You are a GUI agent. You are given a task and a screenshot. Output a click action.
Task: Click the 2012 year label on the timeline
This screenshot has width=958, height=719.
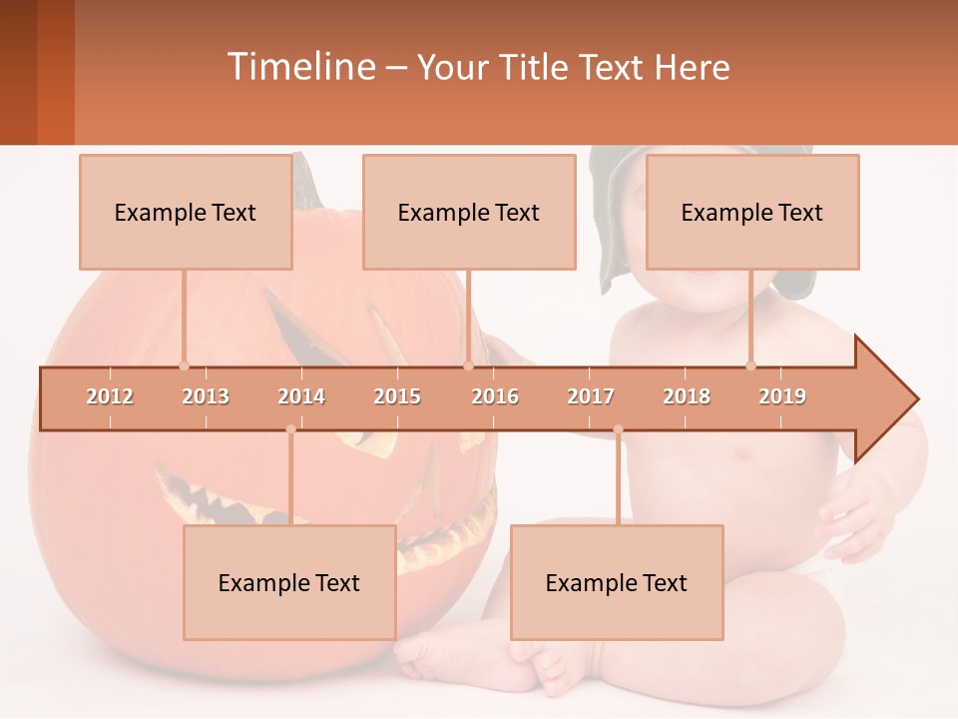pos(110,396)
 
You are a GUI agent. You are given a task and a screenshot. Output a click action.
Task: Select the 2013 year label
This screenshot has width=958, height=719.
pos(206,396)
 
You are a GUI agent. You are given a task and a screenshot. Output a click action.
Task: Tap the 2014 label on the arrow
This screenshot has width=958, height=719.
pos(301,396)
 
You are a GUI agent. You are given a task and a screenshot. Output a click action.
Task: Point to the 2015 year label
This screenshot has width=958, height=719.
pos(397,396)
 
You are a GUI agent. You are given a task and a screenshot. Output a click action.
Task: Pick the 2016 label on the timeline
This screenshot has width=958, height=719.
pos(495,396)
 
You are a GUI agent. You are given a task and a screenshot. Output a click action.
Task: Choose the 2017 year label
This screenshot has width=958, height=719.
pos(591,396)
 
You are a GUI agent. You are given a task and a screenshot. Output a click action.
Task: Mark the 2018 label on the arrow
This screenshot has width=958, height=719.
pos(687,396)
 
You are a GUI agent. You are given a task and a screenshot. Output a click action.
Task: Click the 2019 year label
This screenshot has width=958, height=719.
pos(782,396)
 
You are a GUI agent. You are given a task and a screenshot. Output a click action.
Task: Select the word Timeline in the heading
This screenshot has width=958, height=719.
pos(299,67)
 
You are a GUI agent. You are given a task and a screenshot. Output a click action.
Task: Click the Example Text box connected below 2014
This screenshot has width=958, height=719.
pos(289,582)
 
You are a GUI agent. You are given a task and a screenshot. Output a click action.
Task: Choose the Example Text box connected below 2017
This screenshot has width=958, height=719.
pos(617,582)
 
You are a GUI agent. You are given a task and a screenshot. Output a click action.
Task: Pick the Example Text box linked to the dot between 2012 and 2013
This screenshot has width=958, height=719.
pos(186,212)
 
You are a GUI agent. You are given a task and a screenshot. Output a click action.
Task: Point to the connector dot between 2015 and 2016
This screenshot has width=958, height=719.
pos(468,365)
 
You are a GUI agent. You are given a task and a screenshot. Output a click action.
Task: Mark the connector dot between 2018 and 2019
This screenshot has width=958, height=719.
pos(751,365)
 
